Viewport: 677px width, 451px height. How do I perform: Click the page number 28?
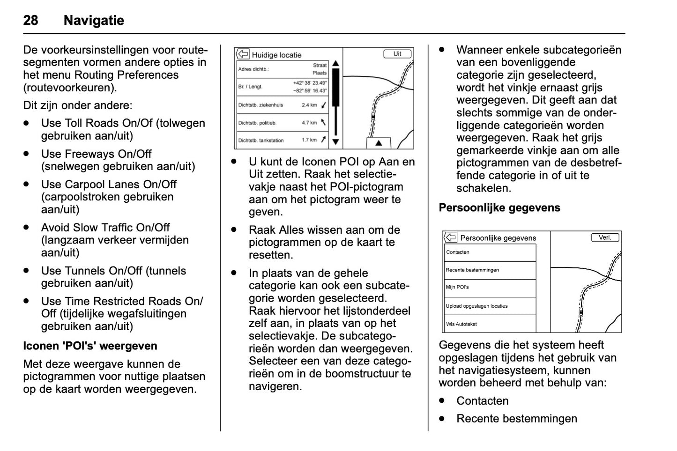[30, 21]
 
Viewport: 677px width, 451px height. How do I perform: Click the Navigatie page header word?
[94, 21]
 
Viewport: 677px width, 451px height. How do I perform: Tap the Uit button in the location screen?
[397, 54]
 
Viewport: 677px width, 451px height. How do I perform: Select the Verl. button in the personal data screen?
[605, 237]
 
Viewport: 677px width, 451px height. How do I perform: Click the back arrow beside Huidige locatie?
[243, 54]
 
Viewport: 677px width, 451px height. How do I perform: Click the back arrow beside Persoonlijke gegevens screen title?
[450, 237]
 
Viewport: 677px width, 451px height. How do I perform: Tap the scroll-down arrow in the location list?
[335, 141]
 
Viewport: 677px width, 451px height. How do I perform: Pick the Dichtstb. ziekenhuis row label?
[260, 105]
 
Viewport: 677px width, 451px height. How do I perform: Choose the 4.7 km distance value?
[309, 123]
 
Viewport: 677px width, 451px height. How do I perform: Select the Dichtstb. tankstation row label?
[260, 140]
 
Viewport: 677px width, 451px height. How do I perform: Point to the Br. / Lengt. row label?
[250, 87]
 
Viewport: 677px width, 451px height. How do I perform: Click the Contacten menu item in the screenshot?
[458, 252]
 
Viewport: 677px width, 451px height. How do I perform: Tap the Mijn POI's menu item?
[457, 287]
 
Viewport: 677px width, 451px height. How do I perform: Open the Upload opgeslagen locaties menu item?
[476, 306]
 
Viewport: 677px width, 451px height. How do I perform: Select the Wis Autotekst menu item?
[461, 324]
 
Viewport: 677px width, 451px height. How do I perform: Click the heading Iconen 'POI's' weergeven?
[90, 346]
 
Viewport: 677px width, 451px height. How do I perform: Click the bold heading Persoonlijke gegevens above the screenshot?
[499, 208]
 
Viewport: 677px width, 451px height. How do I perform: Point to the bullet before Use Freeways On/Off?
[27, 154]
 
